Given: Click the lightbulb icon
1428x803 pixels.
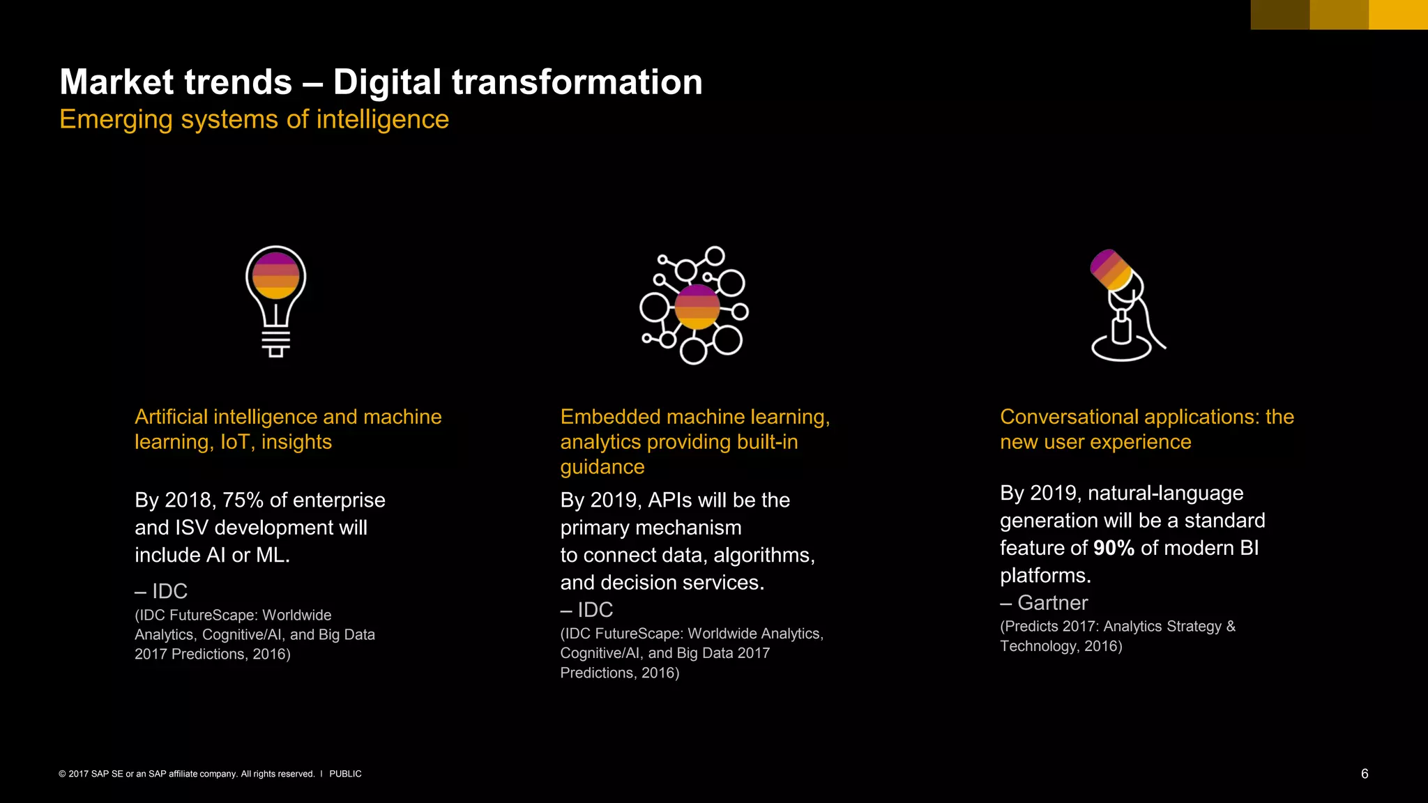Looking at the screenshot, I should click(x=276, y=301).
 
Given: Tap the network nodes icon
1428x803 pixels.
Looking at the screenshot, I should click(x=694, y=305).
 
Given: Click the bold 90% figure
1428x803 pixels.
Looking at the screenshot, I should click(x=1114, y=549).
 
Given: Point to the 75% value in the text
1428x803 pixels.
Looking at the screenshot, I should click(x=243, y=500).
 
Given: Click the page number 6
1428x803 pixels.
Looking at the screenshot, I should click(x=1365, y=774).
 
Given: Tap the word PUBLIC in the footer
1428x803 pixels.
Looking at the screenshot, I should click(x=345, y=774).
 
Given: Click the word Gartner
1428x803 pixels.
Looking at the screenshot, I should click(x=1052, y=603).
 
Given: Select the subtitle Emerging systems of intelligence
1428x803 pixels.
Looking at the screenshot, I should click(x=254, y=119).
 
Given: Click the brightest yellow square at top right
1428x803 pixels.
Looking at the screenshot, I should click(x=1398, y=15).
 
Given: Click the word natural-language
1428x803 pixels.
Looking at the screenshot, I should click(x=1165, y=494).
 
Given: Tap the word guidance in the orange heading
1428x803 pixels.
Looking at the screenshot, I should click(x=602, y=467).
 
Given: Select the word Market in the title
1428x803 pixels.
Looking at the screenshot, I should click(x=116, y=82).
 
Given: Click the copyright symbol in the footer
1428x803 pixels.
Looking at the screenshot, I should click(x=62, y=774).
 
